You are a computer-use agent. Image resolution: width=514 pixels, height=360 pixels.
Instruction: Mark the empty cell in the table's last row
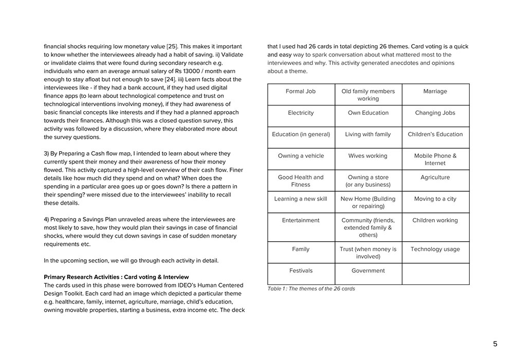coord(435,274)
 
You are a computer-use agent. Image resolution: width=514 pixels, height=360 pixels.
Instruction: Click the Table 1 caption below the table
coord(311,289)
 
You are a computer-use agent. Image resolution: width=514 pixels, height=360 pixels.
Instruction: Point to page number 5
coord(495,344)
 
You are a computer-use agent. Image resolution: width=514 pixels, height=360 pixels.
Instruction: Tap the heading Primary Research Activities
coord(116,277)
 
